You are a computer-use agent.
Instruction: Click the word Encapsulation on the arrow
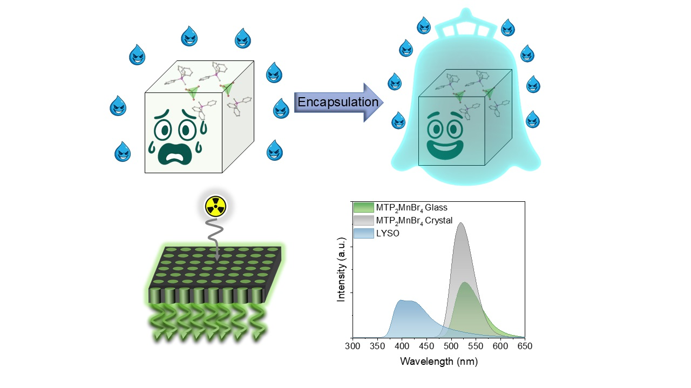pyautogui.click(x=338, y=102)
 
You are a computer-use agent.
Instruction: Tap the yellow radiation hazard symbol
pyautogui.click(x=215, y=206)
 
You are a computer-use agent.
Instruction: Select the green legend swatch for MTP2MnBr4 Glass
pyautogui.click(x=364, y=208)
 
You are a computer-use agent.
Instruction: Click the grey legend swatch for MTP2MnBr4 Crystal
pyautogui.click(x=364, y=221)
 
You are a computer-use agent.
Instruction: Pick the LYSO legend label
pyautogui.click(x=388, y=234)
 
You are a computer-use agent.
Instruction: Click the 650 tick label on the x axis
pyautogui.click(x=525, y=346)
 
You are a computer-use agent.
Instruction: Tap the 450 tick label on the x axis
pyautogui.click(x=426, y=346)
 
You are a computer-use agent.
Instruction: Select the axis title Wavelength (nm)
pyautogui.click(x=439, y=361)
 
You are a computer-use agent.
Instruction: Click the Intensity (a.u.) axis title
pyautogui.click(x=341, y=270)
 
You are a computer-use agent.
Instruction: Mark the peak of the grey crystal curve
pyautogui.click(x=461, y=223)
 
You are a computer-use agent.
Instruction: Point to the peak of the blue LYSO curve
pyautogui.click(x=401, y=300)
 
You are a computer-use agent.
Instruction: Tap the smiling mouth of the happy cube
pyautogui.click(x=444, y=150)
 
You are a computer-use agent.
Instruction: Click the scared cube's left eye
pyautogui.click(x=162, y=130)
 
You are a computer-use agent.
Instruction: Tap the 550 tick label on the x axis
pyautogui.click(x=476, y=346)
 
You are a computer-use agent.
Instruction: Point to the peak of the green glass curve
pyautogui.click(x=465, y=282)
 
